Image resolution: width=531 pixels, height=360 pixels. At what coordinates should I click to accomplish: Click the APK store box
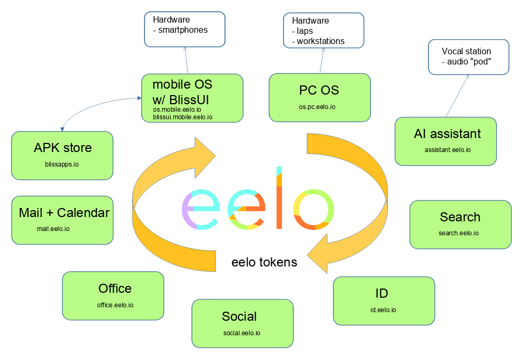click(62, 155)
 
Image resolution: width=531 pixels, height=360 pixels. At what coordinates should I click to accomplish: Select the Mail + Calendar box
click(62, 220)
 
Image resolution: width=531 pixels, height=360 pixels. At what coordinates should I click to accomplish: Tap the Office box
click(113, 296)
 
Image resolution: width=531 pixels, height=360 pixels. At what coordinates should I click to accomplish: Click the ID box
click(383, 300)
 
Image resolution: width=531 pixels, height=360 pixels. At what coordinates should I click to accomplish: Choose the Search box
click(460, 224)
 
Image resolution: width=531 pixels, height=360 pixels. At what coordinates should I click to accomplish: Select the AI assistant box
click(446, 141)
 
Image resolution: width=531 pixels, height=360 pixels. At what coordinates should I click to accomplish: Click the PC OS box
click(319, 97)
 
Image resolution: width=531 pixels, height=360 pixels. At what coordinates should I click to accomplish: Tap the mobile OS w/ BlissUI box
click(192, 98)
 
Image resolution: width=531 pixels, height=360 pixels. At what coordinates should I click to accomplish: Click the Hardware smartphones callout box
click(185, 28)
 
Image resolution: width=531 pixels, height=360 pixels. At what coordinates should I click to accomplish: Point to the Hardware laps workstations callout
click(323, 31)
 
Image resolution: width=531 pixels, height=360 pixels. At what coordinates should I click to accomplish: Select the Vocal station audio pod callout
click(468, 56)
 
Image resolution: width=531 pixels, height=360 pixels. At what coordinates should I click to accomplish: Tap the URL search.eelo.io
click(459, 233)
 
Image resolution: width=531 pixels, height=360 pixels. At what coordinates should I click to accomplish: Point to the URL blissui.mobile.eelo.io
click(183, 117)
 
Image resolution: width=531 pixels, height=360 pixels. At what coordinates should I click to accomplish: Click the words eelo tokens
click(264, 262)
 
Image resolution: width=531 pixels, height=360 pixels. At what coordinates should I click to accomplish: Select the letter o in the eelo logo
click(314, 210)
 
